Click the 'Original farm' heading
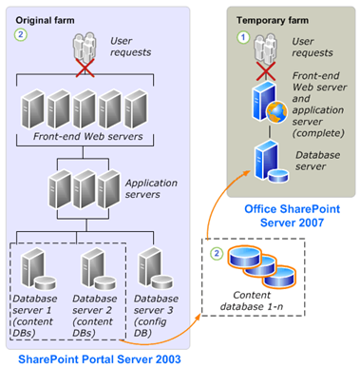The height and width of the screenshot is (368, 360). coord(45,20)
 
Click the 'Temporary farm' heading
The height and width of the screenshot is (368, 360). coord(273,20)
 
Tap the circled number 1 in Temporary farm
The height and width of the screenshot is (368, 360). coord(243,37)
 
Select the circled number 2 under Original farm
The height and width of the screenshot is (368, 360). coord(21,34)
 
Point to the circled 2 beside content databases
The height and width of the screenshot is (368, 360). coord(217,253)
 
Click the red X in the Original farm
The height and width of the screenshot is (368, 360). coord(85,68)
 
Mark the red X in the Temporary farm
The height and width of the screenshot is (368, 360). coord(266,71)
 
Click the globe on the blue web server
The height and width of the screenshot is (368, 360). coord(277,112)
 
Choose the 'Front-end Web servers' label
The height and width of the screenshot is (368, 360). coord(87,136)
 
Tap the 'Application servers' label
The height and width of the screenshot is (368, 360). coord(151,188)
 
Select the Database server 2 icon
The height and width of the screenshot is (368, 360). coord(99,269)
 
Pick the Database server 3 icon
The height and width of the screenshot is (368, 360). coord(156,268)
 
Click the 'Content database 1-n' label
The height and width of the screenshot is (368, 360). coord(252,300)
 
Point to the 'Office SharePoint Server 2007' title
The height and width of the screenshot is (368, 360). coord(292,216)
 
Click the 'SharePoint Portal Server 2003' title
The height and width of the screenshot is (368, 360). coord(100,359)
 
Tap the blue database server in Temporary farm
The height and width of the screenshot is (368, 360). coord(271,163)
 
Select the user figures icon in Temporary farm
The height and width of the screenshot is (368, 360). coord(266,48)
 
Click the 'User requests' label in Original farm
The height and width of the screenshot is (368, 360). coord(130,47)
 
